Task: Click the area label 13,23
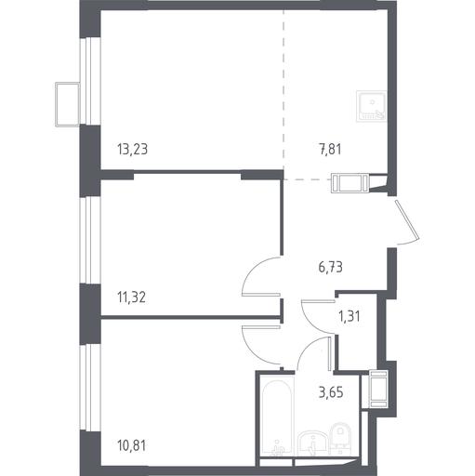click(133, 149)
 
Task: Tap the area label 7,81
click(330, 149)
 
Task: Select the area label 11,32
click(132, 297)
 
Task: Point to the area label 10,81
click(132, 445)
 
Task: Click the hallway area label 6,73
click(330, 267)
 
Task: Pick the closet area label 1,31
click(350, 317)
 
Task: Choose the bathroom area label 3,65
click(331, 393)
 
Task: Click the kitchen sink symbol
click(371, 106)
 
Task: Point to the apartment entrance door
click(407, 220)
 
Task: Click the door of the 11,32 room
click(261, 276)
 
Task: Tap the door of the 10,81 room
click(261, 345)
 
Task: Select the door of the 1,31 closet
click(318, 316)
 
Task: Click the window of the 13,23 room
click(90, 81)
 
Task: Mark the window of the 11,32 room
click(90, 240)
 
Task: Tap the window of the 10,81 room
click(90, 388)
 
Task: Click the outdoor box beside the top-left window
click(67, 104)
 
